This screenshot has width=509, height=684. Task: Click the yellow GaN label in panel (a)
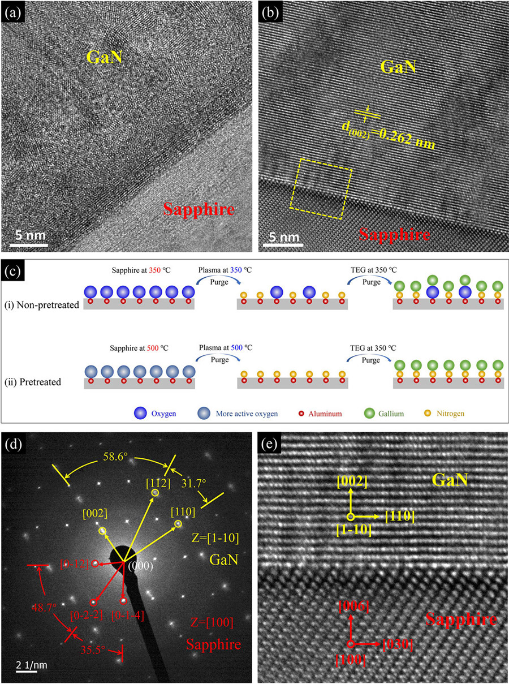pos(105,56)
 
